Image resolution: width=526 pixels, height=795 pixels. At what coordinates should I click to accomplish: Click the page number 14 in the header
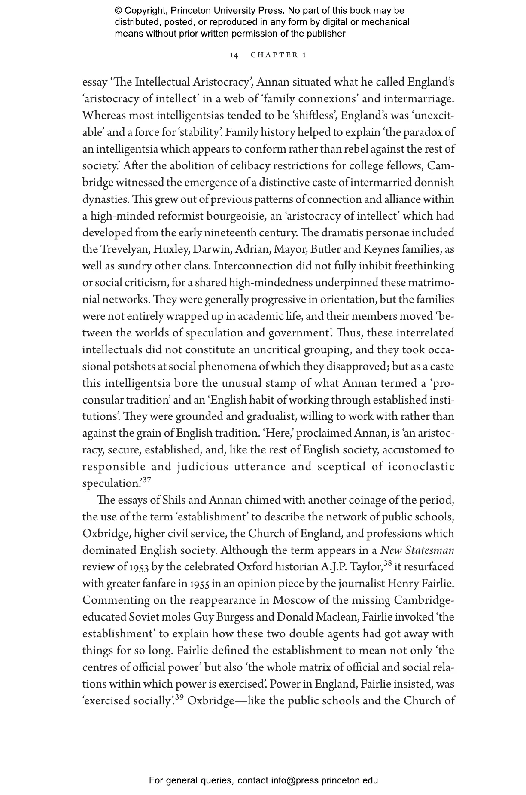click(234, 55)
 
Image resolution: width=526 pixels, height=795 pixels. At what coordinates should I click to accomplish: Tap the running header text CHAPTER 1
click(278, 55)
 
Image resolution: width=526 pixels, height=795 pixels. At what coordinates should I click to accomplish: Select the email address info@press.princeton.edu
click(324, 780)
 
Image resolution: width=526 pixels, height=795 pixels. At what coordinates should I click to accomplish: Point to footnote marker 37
click(146, 480)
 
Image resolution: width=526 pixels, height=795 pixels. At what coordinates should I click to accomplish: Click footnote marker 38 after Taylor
click(387, 564)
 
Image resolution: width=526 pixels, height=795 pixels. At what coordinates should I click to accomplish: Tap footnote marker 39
click(179, 697)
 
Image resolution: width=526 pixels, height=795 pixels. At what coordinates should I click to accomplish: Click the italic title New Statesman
click(417, 550)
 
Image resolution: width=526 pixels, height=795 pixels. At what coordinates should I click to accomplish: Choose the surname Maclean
click(337, 618)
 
